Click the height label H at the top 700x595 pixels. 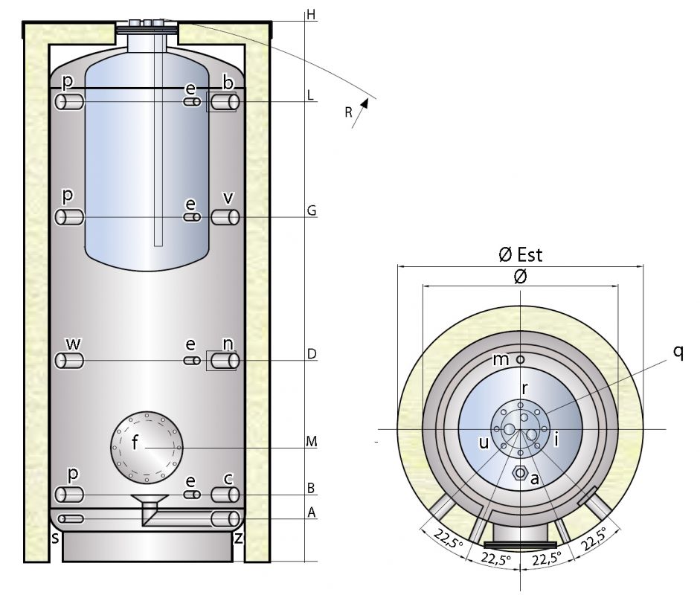pos(311,15)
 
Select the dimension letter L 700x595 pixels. pos(311,96)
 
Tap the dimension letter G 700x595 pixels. pos(312,211)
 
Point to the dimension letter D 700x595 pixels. pos(312,355)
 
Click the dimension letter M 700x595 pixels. pos(312,442)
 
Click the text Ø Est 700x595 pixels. pos(520,255)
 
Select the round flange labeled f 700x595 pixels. pos(146,446)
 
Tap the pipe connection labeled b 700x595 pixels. pos(224,102)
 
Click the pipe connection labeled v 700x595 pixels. pos(224,217)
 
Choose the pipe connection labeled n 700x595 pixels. pos(224,361)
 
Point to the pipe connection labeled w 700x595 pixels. pos(70,361)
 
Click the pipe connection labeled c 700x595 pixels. pos(224,495)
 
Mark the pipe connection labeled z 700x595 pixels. pos(224,518)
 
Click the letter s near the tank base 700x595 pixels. pos(55,536)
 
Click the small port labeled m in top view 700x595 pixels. pos(521,359)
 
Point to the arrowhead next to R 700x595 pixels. pos(365,103)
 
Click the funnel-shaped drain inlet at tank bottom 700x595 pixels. pos(144,500)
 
